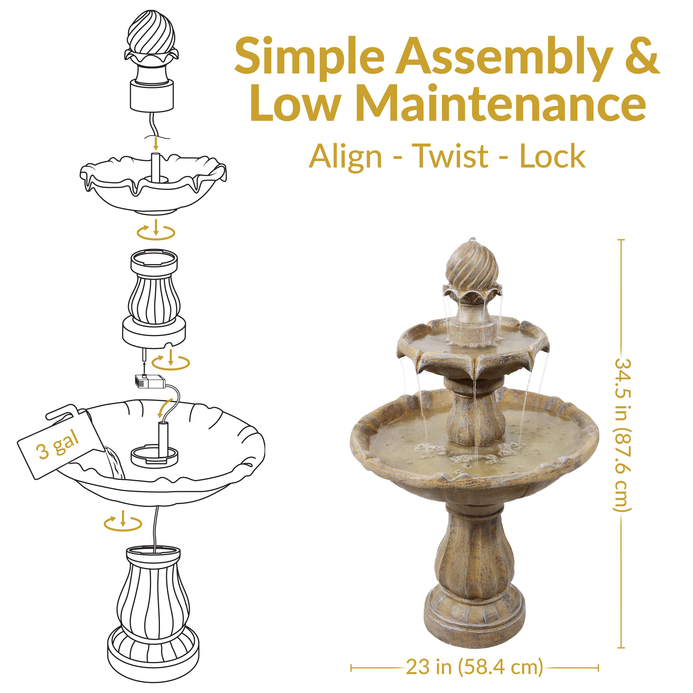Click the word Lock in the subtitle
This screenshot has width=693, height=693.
tap(552, 156)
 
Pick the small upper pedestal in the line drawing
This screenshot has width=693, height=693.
tap(154, 298)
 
